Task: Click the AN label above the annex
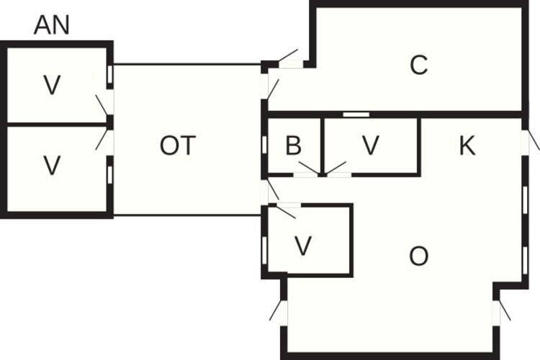coord(52,24)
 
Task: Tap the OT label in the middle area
coord(178,145)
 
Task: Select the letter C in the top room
coord(419,65)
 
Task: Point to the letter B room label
coord(294,145)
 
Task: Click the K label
coord(467,145)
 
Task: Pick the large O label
coord(419,256)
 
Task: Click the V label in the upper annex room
coord(52,85)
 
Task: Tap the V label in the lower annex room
coord(52,166)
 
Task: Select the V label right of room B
coord(371,145)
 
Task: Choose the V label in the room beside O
coord(303,246)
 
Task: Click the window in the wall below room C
coord(356,114)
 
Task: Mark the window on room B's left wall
coord(264,145)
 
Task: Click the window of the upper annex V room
coord(109,75)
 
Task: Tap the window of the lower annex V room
coord(109,175)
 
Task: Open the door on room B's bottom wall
coord(309,169)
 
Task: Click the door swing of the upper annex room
coord(104,105)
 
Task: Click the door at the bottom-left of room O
coord(279,311)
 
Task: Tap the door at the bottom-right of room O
coord(501,310)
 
